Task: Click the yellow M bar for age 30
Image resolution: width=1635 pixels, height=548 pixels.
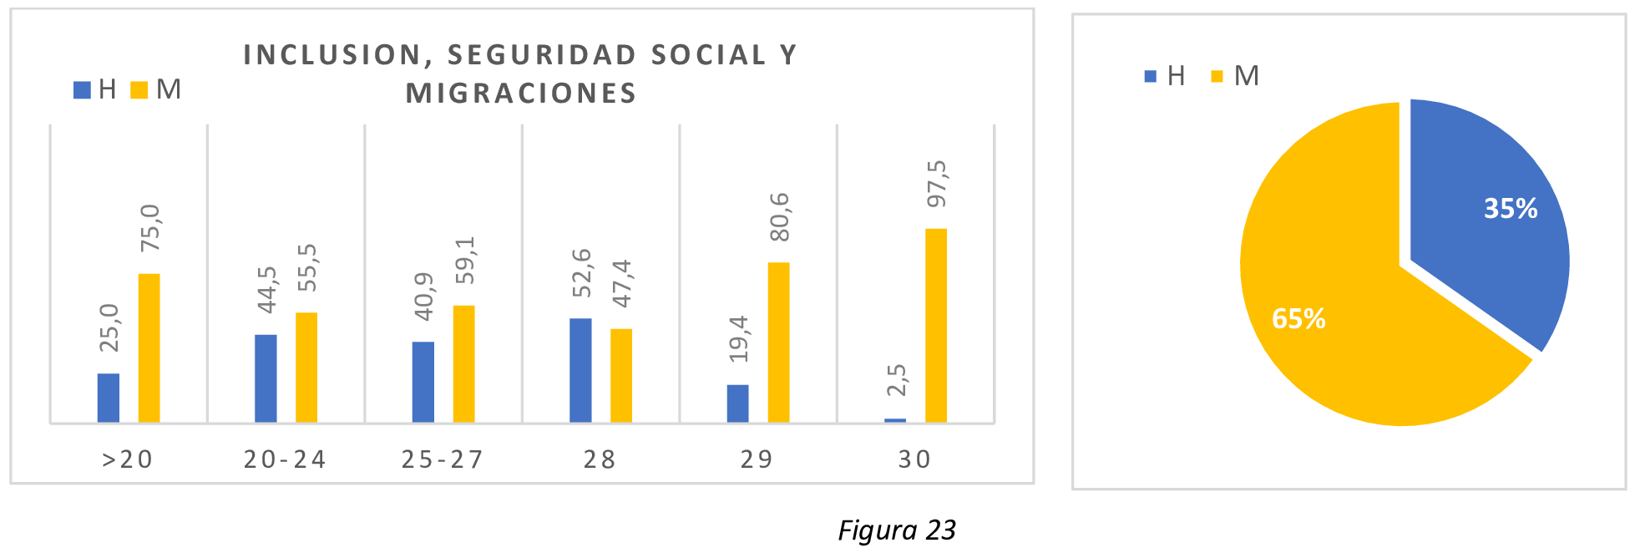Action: coord(936,325)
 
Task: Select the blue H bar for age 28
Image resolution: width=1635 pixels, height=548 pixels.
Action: coord(580,370)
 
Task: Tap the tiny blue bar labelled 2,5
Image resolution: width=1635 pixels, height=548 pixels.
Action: coord(895,420)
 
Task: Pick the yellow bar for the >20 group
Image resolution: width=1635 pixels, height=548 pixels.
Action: coord(149,348)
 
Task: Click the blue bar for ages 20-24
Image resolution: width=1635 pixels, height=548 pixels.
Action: coord(266,378)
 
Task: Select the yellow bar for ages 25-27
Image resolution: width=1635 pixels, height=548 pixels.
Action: coord(463,363)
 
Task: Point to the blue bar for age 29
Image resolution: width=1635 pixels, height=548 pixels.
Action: coord(737,403)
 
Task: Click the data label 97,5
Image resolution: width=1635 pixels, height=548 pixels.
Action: coord(937,184)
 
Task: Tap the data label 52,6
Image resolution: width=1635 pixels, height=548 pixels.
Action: coord(581,272)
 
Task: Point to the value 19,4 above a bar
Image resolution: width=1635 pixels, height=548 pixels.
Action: coord(738,338)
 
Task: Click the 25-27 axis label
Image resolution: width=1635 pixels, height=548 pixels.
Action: coord(443,459)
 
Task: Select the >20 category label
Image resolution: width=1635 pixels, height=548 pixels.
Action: coord(128,459)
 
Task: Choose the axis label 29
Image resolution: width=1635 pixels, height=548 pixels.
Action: coord(757,459)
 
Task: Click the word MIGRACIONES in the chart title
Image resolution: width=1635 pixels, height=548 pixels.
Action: coord(521,93)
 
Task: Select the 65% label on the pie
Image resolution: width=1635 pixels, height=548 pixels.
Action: coord(1298,318)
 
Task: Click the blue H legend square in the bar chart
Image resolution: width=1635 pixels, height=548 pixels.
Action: coord(82,89)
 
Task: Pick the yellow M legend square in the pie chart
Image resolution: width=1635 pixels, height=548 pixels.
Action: coord(1217,76)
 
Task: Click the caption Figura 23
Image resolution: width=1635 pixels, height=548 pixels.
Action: coord(897,530)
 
